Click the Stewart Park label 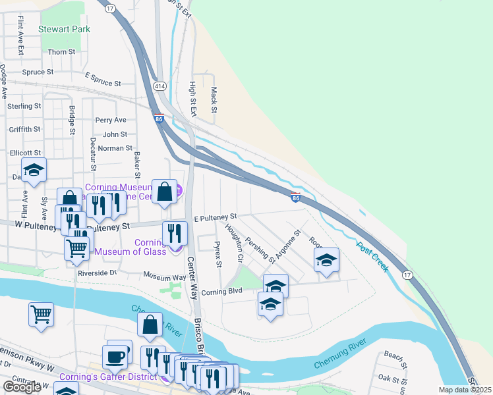pos(64,29)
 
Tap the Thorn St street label pos(61,52)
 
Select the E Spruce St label pos(103,84)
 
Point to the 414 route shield pos(159,86)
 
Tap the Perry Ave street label pos(110,120)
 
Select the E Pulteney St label pos(215,217)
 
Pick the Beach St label pos(394,356)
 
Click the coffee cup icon pos(116,357)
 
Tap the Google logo pos(22,387)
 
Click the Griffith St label pos(25,130)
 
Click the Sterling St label pos(24,106)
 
